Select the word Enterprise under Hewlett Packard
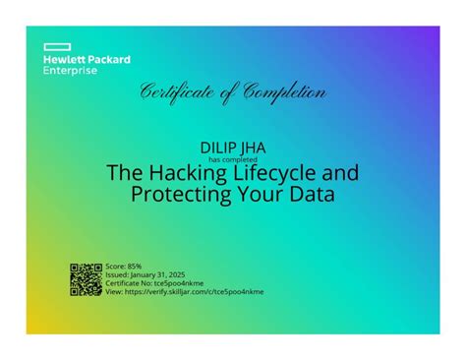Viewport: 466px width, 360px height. tap(70, 72)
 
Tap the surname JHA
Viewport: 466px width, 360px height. tap(252, 147)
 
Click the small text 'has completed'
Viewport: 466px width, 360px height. tap(232, 158)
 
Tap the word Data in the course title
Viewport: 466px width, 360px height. tap(312, 195)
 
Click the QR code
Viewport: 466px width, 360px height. tap(87, 279)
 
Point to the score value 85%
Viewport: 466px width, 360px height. tap(134, 266)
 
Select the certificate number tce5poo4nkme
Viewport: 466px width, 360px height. tap(180, 282)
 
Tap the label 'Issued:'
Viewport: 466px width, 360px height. tap(117, 274)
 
